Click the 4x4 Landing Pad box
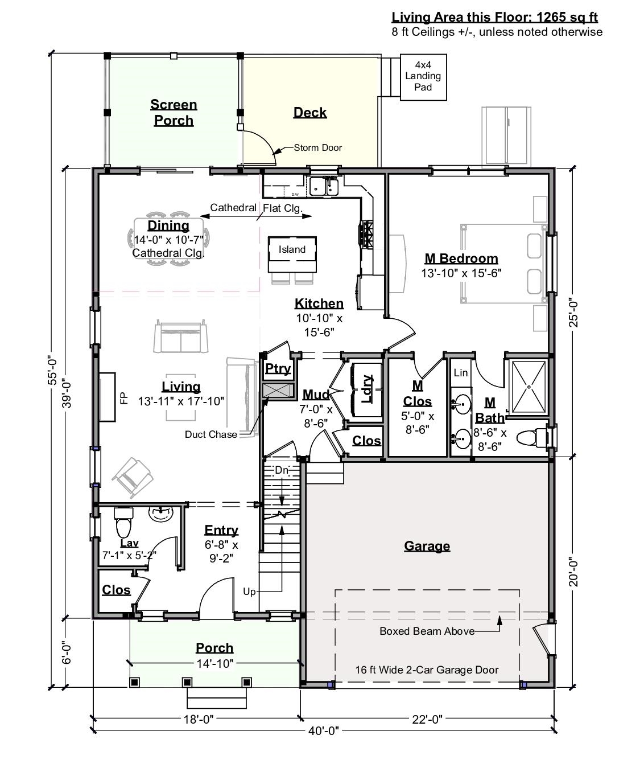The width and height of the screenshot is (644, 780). (x=423, y=77)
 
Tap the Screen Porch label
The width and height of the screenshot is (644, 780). (x=174, y=112)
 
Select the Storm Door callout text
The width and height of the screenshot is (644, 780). (x=317, y=147)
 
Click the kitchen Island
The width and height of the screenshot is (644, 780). (x=292, y=254)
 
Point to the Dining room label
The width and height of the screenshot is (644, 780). (x=168, y=225)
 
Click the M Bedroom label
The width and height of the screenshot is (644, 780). (x=461, y=258)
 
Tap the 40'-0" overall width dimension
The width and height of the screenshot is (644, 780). (x=323, y=730)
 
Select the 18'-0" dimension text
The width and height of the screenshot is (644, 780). (x=198, y=719)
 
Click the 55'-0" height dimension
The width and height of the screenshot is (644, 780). (x=53, y=371)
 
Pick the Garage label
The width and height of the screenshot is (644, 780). (x=427, y=546)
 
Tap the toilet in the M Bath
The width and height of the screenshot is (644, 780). (x=532, y=438)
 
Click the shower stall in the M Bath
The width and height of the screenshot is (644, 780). (x=529, y=387)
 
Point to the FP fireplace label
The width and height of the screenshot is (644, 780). (x=123, y=397)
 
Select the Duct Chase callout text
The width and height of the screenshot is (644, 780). (x=211, y=434)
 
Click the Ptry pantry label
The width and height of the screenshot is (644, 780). (x=278, y=368)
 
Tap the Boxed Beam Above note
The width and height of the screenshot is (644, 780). (x=427, y=631)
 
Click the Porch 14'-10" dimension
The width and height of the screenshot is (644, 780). (x=215, y=663)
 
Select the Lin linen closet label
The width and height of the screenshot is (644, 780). (x=461, y=372)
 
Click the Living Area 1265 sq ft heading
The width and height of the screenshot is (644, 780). (x=495, y=17)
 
